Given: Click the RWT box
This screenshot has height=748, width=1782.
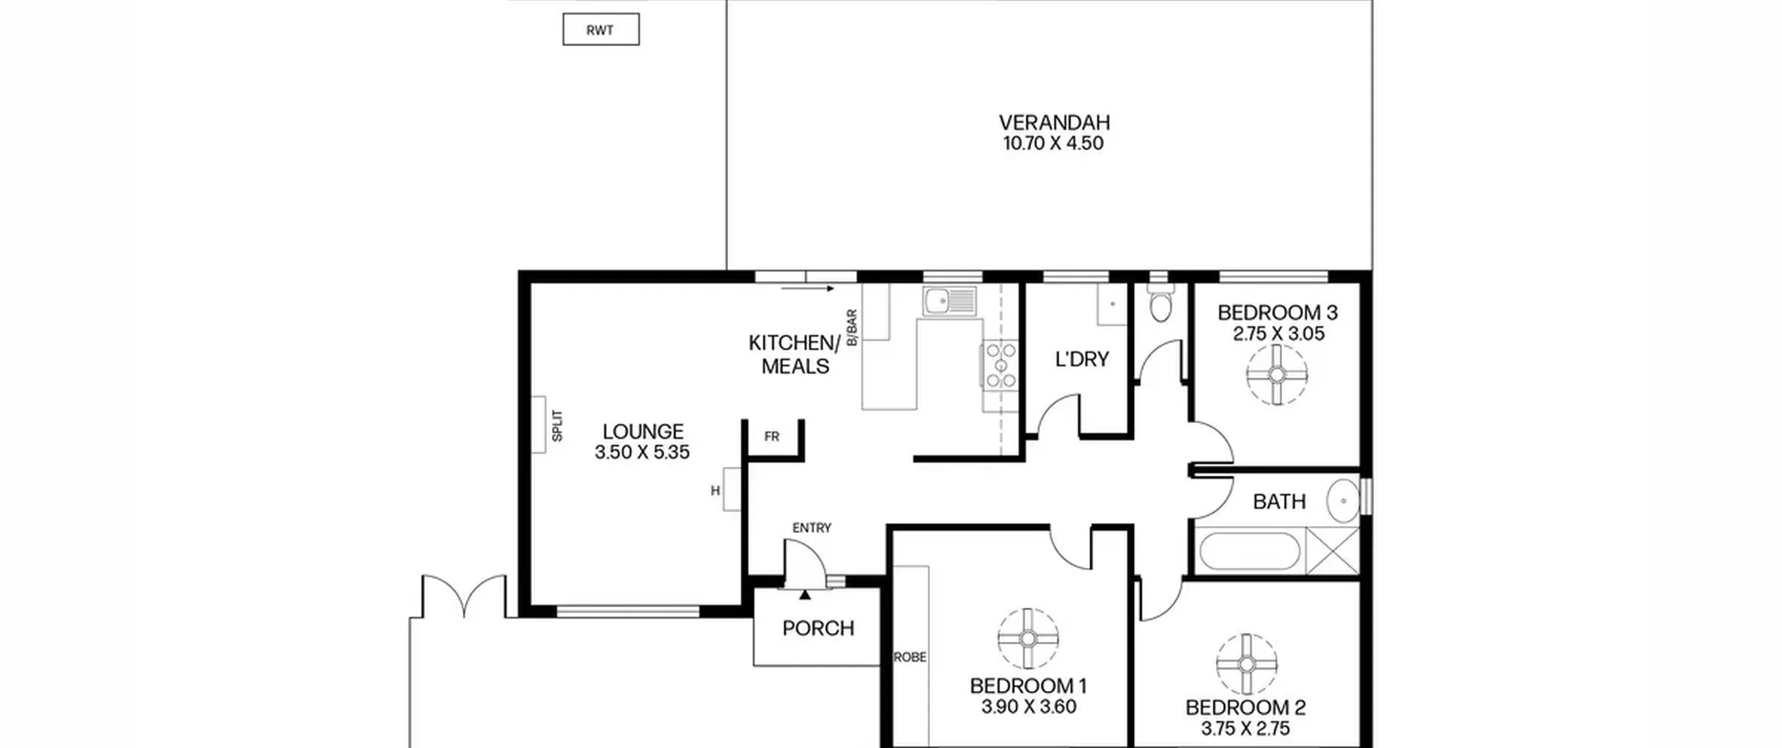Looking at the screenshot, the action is tap(601, 30).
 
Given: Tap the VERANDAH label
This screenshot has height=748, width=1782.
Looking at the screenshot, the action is tap(1054, 122).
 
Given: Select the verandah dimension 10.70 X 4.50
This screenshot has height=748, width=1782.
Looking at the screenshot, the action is tap(1053, 143).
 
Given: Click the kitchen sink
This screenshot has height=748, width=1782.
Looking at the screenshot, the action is tap(950, 301).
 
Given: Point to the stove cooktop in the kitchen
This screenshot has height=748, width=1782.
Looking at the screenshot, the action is tap(1001, 365).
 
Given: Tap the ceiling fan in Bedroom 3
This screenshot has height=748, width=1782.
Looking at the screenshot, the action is tap(1277, 374).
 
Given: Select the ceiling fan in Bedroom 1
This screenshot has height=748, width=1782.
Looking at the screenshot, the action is tap(1028, 639).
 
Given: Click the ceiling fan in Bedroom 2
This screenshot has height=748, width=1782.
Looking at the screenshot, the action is tap(1247, 664).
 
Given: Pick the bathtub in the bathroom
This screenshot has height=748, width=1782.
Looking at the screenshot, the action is tap(1249, 552).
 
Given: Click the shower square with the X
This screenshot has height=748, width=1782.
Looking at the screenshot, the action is tap(1332, 551).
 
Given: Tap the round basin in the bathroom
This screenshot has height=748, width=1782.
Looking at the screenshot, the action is tap(1343, 500).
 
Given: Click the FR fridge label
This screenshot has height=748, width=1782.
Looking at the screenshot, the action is tap(771, 437).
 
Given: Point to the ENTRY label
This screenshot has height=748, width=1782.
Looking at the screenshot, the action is tap(812, 528).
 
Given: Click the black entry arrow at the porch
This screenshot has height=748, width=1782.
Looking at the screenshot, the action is tap(805, 594).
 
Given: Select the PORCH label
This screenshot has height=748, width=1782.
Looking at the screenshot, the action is tap(818, 628).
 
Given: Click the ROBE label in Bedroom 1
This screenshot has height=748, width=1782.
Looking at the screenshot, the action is tap(910, 657).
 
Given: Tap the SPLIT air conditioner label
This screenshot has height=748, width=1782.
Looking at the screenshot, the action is tap(557, 425).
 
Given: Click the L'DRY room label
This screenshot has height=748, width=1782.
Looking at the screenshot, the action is tap(1082, 359).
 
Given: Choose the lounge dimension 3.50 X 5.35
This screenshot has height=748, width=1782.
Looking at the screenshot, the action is tap(642, 452).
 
